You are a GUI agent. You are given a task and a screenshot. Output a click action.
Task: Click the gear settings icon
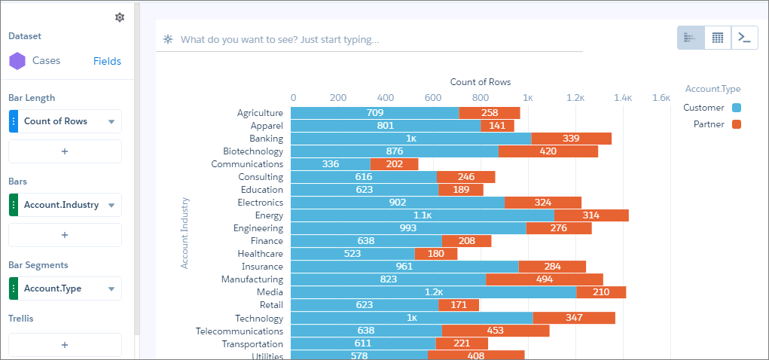(120, 17)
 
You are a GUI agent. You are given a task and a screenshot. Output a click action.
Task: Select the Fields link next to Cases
(107, 61)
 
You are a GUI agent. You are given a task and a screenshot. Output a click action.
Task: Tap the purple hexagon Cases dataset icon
(17, 61)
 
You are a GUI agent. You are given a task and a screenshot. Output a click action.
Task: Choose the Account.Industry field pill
(66, 205)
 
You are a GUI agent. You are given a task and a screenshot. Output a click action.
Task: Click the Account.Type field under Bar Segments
(66, 288)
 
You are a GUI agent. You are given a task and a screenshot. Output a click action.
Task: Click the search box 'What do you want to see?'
(279, 39)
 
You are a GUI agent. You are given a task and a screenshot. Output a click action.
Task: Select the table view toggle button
(718, 38)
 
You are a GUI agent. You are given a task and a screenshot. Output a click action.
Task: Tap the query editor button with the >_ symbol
(744, 38)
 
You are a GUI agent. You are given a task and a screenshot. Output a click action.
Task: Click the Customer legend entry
(712, 108)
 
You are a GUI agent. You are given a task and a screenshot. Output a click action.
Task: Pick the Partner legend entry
(717, 124)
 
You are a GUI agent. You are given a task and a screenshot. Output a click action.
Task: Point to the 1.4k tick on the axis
(623, 98)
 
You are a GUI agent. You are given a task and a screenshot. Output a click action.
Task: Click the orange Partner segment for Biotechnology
(548, 151)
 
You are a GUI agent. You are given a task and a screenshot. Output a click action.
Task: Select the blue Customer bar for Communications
(331, 164)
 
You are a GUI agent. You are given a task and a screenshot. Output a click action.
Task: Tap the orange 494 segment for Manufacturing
(545, 279)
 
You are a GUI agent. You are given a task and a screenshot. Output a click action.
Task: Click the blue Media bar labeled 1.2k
(434, 292)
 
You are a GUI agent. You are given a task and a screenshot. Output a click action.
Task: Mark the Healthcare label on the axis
(261, 254)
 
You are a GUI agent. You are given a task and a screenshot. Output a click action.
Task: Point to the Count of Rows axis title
(481, 82)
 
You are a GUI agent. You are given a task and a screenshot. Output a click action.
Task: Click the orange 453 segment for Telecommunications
(496, 331)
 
